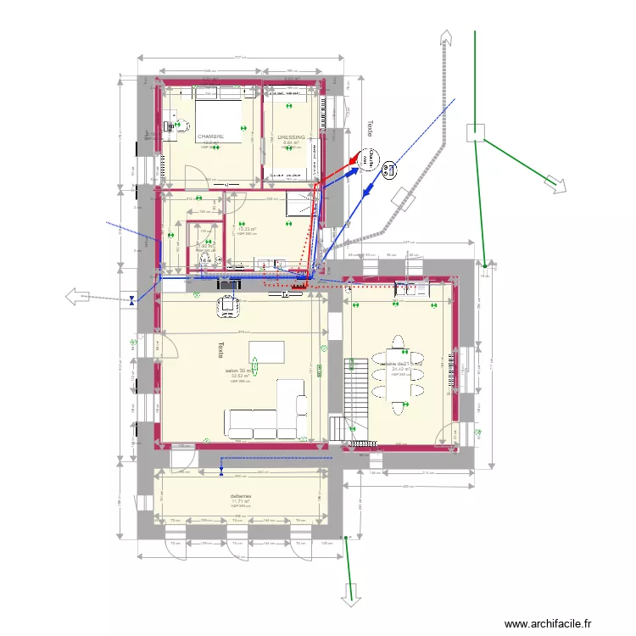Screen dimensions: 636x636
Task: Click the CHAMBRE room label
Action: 210,137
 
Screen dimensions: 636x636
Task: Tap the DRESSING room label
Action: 291,137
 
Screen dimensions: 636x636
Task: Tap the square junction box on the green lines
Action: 476,131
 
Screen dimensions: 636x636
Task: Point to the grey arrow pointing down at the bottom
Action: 348,597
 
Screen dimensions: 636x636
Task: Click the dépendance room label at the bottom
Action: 241,498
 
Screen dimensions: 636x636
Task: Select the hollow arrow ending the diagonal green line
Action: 557,185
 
